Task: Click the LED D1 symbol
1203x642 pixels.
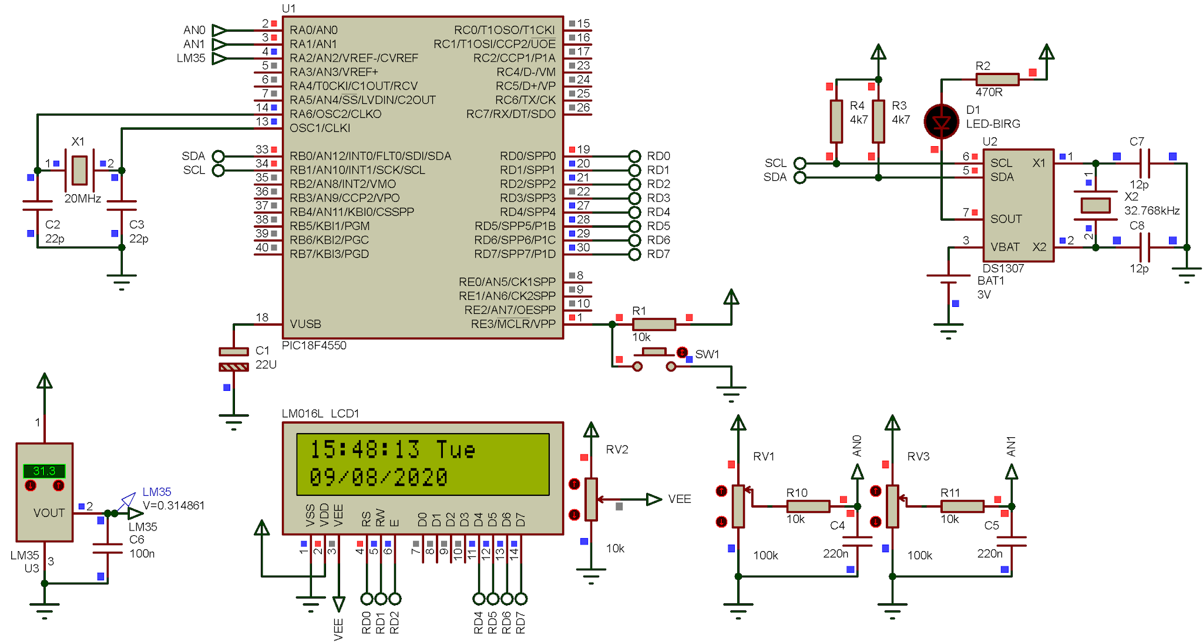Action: (941, 121)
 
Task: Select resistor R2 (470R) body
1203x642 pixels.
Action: (997, 79)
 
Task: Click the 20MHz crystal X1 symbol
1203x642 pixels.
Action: (79, 170)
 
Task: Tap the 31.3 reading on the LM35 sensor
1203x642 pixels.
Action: (44, 471)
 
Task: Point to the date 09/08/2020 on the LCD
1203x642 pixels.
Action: (378, 478)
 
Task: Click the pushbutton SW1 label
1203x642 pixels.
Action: (707, 354)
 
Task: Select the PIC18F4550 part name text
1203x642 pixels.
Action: (314, 346)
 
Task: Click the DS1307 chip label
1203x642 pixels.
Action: (1003, 268)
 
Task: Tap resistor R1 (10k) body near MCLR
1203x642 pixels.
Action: (653, 324)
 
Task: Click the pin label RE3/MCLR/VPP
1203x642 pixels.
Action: (513, 324)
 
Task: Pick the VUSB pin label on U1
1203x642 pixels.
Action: (305, 324)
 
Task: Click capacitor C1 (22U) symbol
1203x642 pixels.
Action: (233, 359)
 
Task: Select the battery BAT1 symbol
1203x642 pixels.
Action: (948, 279)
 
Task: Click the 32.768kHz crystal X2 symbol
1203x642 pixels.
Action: (1095, 205)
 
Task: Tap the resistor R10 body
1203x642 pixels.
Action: (808, 506)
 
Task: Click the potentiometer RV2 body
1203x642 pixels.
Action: (591, 499)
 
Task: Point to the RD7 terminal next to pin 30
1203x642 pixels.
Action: (634, 255)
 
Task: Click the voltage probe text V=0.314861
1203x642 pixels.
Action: (173, 505)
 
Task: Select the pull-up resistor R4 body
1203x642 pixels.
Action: (836, 121)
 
